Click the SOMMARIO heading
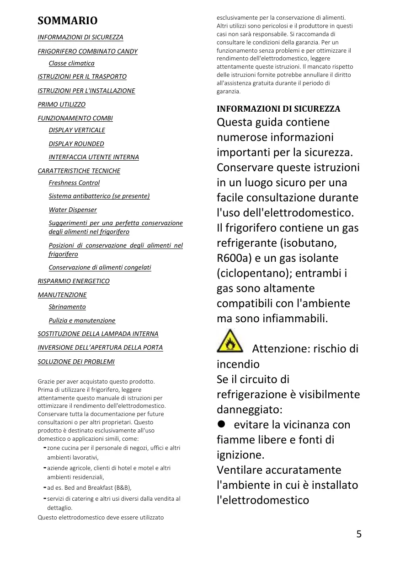(x=67, y=21)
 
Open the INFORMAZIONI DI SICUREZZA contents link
(x=80, y=37)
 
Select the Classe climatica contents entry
(x=72, y=63)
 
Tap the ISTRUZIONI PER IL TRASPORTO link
(x=82, y=76)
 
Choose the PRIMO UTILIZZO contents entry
(x=62, y=104)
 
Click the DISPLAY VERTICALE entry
(x=77, y=130)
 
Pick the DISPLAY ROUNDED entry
(x=76, y=144)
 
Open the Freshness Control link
(x=74, y=183)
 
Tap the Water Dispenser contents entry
(x=73, y=210)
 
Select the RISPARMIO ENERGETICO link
(x=74, y=281)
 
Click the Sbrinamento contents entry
(x=67, y=307)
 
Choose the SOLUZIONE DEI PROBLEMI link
(x=76, y=362)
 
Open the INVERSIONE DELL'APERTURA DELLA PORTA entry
(x=100, y=347)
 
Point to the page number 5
(x=359, y=534)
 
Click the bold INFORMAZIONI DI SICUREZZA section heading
(x=278, y=109)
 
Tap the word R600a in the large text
(x=232, y=258)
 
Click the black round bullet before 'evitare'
(x=222, y=424)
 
